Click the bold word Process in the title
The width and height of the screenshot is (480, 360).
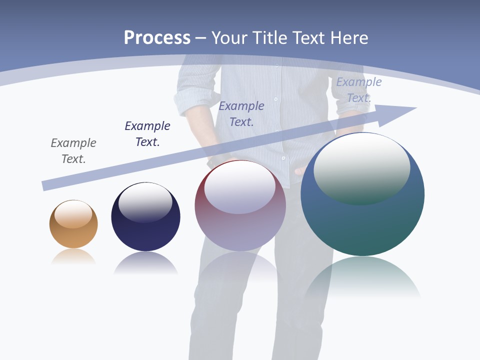coord(157,38)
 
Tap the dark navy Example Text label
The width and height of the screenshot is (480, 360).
coord(147,134)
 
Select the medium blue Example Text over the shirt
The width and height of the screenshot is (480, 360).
coord(241,114)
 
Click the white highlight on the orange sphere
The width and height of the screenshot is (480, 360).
coord(73,214)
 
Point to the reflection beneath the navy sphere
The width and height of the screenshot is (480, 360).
coord(145,263)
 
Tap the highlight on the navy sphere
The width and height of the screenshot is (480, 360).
coord(145,201)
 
